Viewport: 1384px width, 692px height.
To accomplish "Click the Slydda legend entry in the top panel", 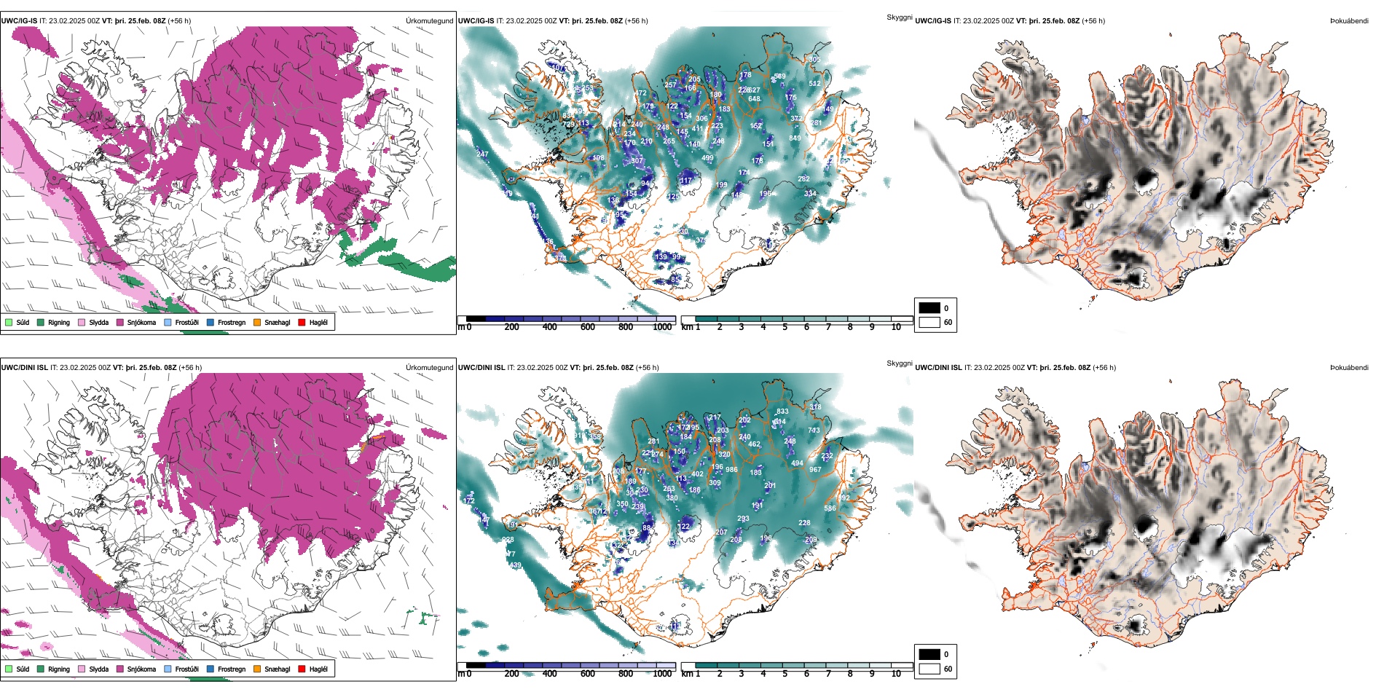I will click(98, 322).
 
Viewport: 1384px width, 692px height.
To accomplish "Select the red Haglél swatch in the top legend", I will click(302, 322).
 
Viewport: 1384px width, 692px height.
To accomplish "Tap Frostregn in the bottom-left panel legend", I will click(231, 669).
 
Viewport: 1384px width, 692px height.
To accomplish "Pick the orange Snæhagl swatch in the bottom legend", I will click(257, 669).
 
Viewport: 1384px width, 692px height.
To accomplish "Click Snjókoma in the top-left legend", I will click(141, 322).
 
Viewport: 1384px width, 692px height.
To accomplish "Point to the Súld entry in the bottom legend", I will click(23, 669).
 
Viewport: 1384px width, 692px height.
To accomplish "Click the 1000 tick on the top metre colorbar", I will click(662, 327).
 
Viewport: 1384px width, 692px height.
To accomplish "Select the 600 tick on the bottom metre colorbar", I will click(588, 674).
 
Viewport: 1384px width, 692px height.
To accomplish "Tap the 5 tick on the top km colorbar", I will click(785, 327).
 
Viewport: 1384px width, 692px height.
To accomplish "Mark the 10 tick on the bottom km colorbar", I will click(896, 674).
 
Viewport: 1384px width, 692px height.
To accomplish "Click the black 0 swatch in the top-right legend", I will click(929, 308).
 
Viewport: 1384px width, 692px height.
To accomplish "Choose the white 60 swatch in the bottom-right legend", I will click(929, 669).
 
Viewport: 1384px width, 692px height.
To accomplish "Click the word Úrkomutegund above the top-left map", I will click(429, 21).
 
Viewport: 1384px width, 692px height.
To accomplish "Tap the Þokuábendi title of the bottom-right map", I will click(1349, 368).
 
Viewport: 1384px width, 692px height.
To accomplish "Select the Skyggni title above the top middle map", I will click(899, 17).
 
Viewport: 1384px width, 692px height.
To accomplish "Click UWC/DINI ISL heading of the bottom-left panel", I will click(24, 368).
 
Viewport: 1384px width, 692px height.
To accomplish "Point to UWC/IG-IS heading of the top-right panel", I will click(933, 21).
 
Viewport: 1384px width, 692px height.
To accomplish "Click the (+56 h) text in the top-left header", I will click(179, 21).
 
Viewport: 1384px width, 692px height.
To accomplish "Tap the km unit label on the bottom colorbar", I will click(687, 674).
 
